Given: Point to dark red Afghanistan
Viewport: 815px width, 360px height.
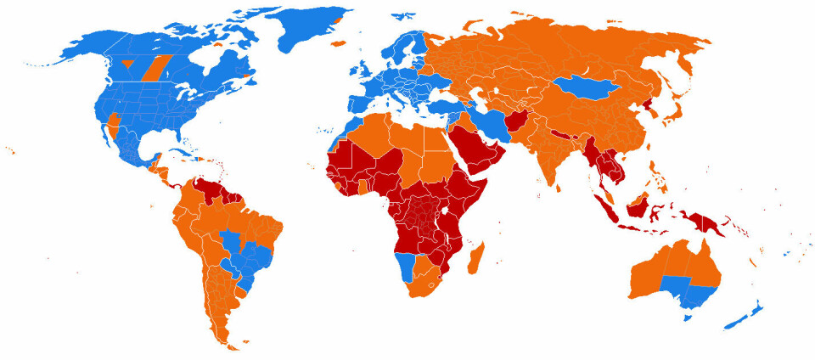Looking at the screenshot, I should coord(520,121).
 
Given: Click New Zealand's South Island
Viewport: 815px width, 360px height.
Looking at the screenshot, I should coord(738,322).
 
